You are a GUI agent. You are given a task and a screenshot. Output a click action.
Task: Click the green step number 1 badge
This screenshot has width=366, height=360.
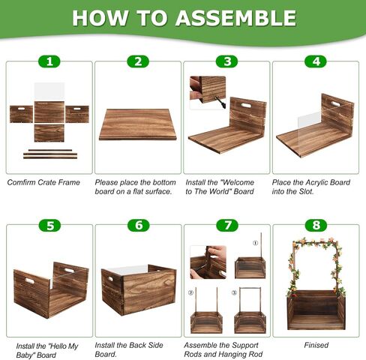[49, 61]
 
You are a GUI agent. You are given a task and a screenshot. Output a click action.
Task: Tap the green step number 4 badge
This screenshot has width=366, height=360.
[316, 61]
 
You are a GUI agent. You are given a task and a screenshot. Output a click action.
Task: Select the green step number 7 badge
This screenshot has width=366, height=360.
[227, 225]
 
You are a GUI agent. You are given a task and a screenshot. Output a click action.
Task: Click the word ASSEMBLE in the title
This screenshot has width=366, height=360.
[235, 18]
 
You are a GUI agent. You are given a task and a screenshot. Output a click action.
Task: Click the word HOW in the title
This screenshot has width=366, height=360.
[100, 18]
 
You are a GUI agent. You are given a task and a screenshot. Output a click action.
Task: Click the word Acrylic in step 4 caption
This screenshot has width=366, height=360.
[318, 182]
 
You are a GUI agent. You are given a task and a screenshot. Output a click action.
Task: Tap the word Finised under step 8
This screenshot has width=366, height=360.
[316, 345]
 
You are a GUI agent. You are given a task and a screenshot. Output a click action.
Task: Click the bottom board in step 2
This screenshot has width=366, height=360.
[138, 124]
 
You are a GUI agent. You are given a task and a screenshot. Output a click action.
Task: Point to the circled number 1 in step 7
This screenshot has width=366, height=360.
[255, 243]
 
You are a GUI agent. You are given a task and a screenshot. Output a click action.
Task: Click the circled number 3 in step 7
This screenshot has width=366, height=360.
[234, 292]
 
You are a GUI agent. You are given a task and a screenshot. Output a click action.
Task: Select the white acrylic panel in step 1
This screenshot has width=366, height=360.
[49, 91]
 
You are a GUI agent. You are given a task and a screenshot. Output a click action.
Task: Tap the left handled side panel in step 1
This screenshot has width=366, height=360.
[21, 114]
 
